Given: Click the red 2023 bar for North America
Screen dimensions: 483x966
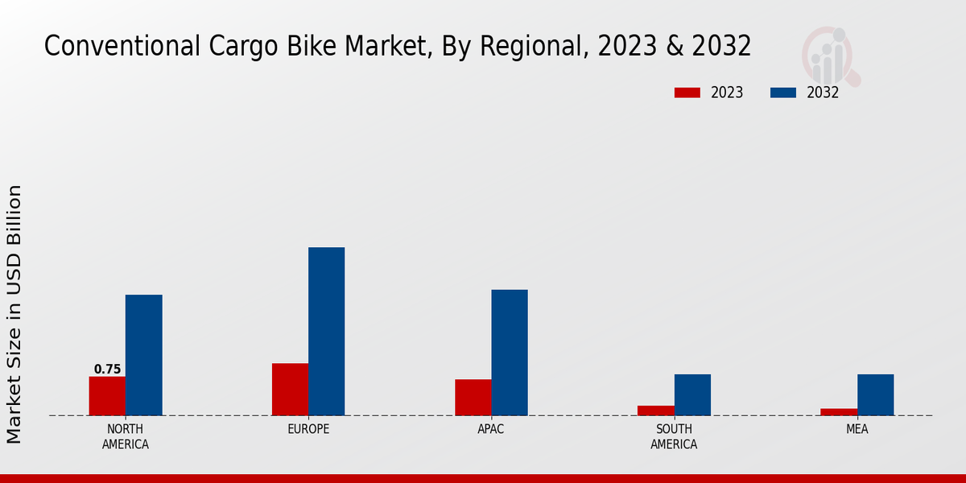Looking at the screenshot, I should click(x=107, y=396).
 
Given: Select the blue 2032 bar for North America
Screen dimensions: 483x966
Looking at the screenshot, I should click(x=143, y=355).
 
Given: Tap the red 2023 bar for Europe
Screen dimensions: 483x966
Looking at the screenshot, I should click(x=290, y=390).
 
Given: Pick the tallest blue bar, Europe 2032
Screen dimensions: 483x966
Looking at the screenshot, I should click(x=326, y=331).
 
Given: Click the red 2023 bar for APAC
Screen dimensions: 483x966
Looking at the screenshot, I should click(x=473, y=398).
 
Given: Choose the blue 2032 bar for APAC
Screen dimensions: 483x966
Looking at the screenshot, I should click(x=510, y=353).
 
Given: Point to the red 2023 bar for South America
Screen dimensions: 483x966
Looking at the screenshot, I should click(x=655, y=411).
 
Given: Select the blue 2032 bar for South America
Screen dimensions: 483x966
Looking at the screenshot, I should click(x=692, y=394).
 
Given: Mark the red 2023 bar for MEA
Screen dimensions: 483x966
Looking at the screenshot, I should click(x=839, y=412).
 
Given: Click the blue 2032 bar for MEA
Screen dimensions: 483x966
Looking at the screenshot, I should click(x=875, y=394).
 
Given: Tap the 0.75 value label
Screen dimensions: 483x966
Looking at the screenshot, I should click(x=107, y=369).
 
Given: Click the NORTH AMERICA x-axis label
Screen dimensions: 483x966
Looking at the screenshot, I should click(x=126, y=436).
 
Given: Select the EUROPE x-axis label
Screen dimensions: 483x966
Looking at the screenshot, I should click(x=308, y=429).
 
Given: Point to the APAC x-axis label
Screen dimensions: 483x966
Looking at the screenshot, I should click(x=491, y=429).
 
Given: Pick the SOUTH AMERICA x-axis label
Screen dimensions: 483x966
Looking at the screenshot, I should click(x=674, y=436).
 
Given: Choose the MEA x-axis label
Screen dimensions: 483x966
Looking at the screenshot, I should click(x=857, y=429).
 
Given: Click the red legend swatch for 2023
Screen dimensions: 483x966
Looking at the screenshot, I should click(x=687, y=93).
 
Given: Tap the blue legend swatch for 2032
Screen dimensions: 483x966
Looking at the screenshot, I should click(x=782, y=93).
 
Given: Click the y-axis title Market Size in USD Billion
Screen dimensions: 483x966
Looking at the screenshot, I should click(x=14, y=314).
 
